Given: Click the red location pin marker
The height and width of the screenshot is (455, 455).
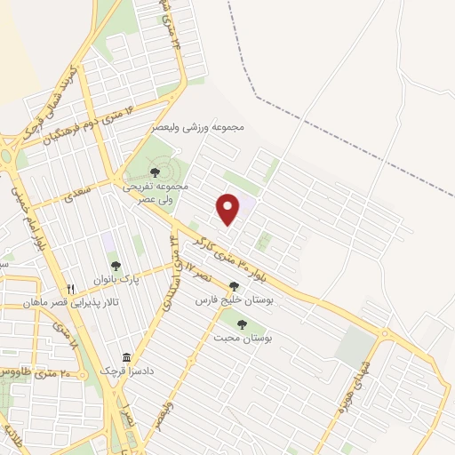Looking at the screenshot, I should [229, 210].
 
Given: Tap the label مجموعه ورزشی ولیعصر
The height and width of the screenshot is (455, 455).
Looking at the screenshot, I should [217, 128].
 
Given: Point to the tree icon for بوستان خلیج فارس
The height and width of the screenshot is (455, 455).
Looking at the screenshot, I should [234, 286].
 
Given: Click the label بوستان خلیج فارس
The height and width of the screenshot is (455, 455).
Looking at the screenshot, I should [232, 301].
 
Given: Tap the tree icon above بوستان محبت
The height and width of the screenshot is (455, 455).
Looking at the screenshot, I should [242, 324].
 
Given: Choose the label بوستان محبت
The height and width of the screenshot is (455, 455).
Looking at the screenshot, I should [242, 339].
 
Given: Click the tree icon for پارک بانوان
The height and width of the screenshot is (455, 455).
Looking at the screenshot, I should [115, 265].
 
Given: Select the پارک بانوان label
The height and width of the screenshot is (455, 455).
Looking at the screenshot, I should [115, 280].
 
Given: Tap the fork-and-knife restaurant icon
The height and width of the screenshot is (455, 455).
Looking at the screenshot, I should [71, 289].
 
